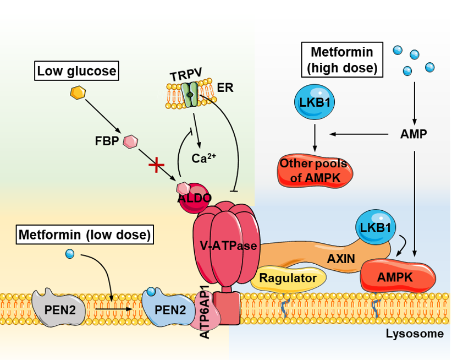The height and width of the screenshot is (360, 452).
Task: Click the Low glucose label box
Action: (x=76, y=70)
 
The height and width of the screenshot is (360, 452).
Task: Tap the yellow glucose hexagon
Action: (x=78, y=92)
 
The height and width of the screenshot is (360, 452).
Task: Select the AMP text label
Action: (x=414, y=134)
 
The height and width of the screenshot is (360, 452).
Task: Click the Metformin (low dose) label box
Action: (x=85, y=235)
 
